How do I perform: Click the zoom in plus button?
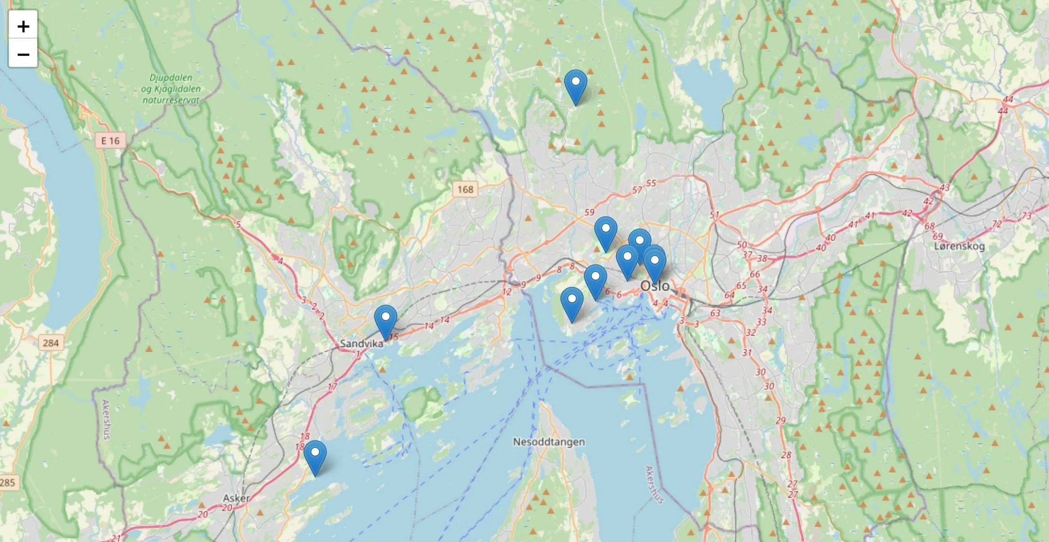point(23,26)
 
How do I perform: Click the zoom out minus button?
point(23,54)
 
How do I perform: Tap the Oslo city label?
point(655,286)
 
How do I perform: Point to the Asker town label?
point(236,498)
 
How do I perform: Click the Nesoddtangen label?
point(549,442)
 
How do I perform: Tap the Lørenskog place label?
point(959,246)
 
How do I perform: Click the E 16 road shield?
point(110,141)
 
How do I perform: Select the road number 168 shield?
point(465,189)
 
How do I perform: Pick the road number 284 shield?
point(50,343)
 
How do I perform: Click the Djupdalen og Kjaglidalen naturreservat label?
point(171,88)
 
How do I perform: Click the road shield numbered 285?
point(7,482)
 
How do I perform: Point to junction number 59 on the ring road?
point(589,213)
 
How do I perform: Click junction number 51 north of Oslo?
point(715,215)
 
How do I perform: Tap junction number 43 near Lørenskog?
point(945,187)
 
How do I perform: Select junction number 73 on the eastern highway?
point(1026,215)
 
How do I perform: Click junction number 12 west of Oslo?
point(506,292)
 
